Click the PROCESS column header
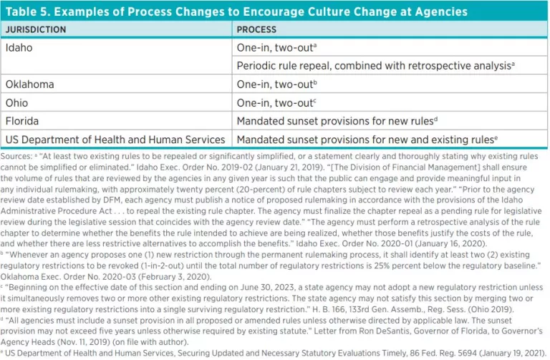click(258, 30)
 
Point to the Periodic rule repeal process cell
click(375, 66)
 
